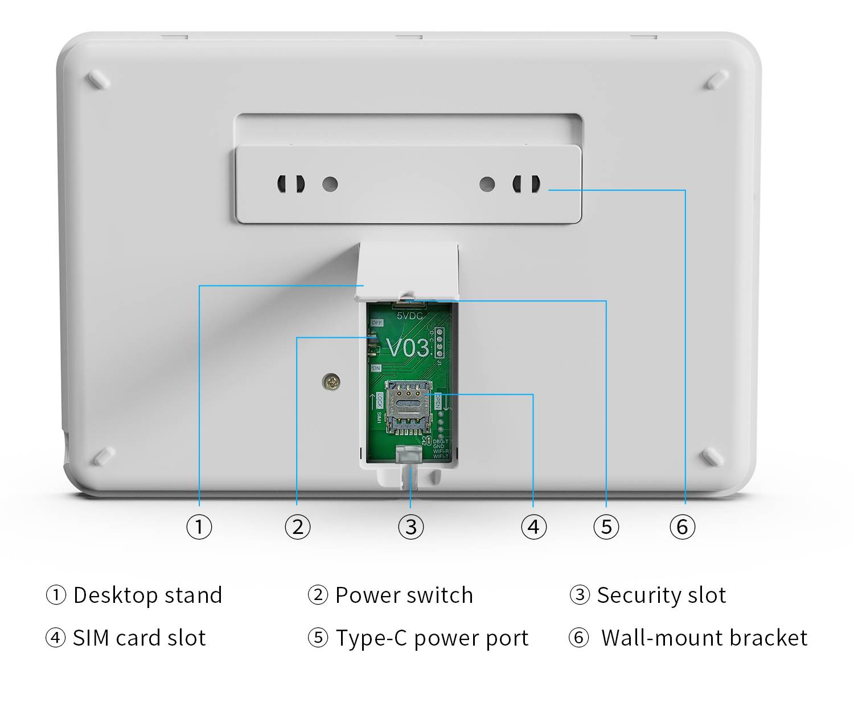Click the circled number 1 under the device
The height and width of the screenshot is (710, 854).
(x=199, y=527)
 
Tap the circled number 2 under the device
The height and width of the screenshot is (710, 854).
(x=298, y=527)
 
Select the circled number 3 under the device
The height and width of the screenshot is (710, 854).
(x=411, y=527)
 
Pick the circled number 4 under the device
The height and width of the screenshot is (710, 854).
(x=533, y=527)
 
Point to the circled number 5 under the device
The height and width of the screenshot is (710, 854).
(x=606, y=527)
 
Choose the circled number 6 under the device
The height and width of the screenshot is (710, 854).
(x=683, y=527)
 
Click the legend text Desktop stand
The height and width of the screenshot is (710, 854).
(x=147, y=595)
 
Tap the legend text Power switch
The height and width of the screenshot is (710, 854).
(x=404, y=595)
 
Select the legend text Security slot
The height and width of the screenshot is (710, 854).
(x=662, y=595)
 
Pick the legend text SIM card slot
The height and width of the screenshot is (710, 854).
(x=139, y=638)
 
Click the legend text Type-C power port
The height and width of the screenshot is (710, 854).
(x=432, y=638)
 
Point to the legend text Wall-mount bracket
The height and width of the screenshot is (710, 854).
(x=704, y=638)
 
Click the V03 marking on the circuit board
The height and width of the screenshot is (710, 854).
(x=408, y=348)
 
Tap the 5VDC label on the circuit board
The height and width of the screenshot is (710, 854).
(x=410, y=315)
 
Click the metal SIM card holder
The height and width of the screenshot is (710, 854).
(x=408, y=406)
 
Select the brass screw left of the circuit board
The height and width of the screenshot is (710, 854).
(x=331, y=382)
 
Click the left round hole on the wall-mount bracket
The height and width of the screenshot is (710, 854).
(x=330, y=184)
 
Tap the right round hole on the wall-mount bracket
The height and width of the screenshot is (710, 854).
(x=487, y=184)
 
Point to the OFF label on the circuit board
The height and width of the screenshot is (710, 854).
(x=377, y=323)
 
